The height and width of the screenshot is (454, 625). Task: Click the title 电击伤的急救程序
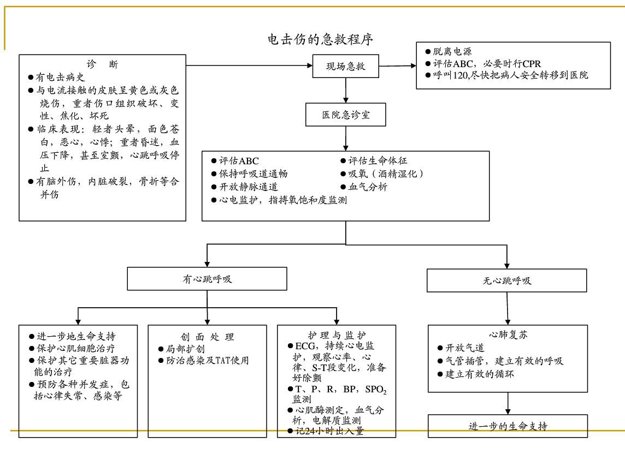tap(321, 40)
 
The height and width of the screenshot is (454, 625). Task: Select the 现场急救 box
tap(345, 67)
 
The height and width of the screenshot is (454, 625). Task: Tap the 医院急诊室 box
tap(346, 115)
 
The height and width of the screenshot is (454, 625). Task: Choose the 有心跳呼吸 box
tap(207, 279)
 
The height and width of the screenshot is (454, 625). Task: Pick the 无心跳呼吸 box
tap(507, 281)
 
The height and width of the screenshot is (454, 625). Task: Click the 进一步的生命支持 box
tap(508, 426)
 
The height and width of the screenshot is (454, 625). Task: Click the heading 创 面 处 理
tap(207, 337)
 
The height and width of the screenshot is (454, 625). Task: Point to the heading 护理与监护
tap(337, 334)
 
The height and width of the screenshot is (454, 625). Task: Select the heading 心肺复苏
tap(508, 334)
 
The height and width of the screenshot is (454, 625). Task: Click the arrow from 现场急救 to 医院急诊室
tap(345, 90)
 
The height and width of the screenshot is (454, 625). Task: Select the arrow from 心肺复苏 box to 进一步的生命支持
tap(508, 403)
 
